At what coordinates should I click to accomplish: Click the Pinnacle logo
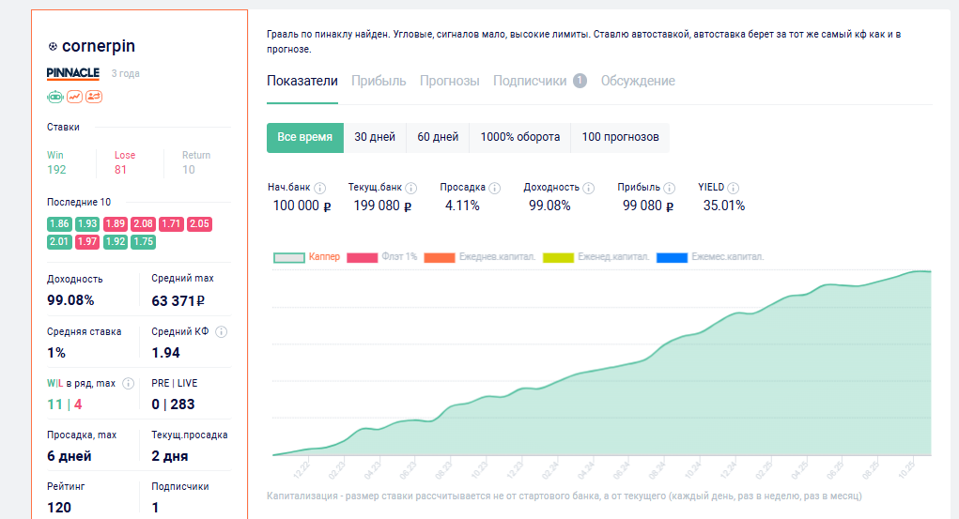(72, 73)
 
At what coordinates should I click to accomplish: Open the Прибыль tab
(379, 81)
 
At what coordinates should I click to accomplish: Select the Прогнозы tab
(449, 81)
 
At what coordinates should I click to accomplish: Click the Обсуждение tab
(638, 81)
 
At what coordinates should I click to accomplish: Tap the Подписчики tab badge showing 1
(580, 81)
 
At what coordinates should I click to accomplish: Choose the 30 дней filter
(375, 137)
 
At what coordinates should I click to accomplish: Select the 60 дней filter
(438, 137)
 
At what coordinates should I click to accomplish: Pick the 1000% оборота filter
(519, 137)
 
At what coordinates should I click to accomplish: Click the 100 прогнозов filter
(620, 137)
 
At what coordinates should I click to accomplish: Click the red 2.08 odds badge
(144, 223)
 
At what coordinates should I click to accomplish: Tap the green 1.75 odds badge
(144, 241)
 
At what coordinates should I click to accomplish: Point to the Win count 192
(56, 170)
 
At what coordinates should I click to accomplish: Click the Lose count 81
(120, 170)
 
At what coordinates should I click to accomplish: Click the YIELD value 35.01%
(723, 206)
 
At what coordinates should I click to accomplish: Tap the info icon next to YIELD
(734, 188)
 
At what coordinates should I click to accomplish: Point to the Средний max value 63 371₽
(178, 301)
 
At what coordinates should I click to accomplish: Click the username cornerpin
(99, 46)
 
